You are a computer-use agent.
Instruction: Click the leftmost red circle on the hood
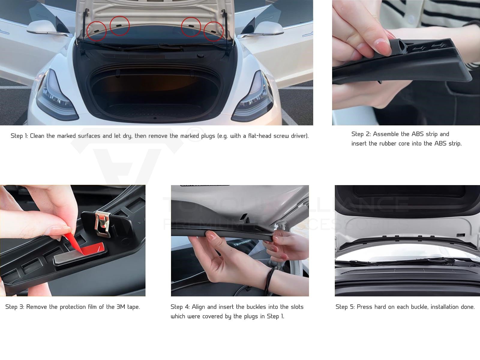(x=97, y=31)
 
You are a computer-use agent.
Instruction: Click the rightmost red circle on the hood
(x=214, y=31)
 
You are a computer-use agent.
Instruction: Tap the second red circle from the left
(x=120, y=25)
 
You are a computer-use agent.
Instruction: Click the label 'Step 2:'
(x=361, y=134)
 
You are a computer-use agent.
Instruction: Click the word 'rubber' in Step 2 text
(x=388, y=143)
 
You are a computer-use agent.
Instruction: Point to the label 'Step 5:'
(x=345, y=307)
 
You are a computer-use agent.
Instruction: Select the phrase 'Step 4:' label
(x=180, y=307)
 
